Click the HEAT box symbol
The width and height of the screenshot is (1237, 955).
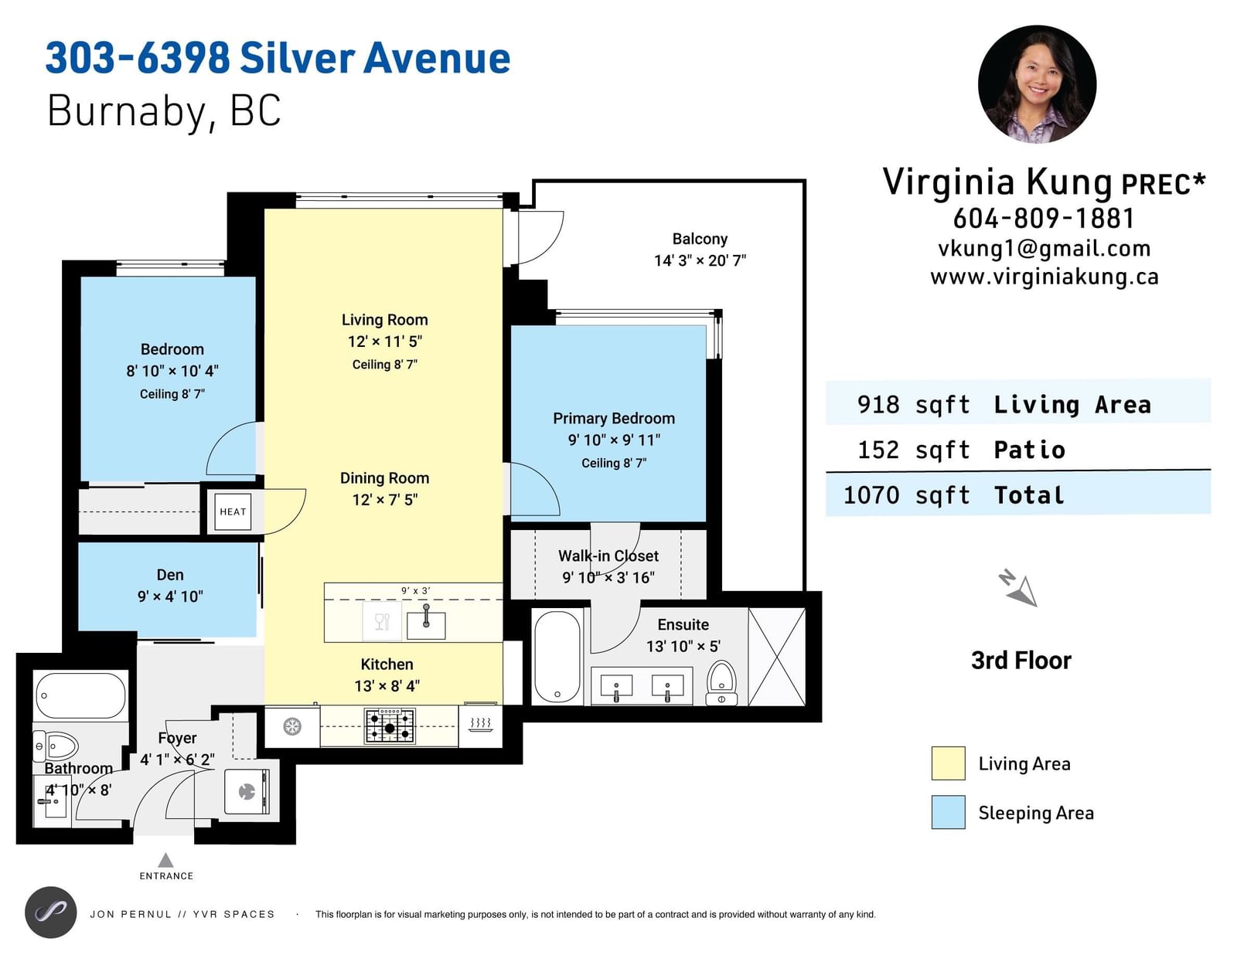[233, 511]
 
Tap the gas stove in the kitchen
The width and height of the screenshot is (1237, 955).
[390, 726]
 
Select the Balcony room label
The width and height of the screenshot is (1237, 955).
[700, 239]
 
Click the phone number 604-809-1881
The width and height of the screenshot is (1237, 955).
[1044, 219]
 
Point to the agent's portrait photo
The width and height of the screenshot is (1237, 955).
[1038, 84]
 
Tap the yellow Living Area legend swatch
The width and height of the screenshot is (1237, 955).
[949, 763]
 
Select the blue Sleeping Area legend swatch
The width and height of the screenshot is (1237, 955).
[949, 811]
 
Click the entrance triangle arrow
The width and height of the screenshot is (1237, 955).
[165, 859]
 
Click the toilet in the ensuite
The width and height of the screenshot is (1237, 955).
[721, 684]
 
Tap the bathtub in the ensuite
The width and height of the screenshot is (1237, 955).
[557, 657]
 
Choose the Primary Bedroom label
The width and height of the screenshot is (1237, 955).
[614, 418]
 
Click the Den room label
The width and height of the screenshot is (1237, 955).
[170, 575]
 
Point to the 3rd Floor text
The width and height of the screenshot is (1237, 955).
[1021, 661]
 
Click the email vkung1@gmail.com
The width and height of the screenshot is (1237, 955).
[1044, 249]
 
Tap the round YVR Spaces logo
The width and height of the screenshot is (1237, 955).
[51, 913]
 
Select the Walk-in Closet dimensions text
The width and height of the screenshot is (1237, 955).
[608, 578]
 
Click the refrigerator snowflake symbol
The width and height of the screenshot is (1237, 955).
[292, 726]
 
